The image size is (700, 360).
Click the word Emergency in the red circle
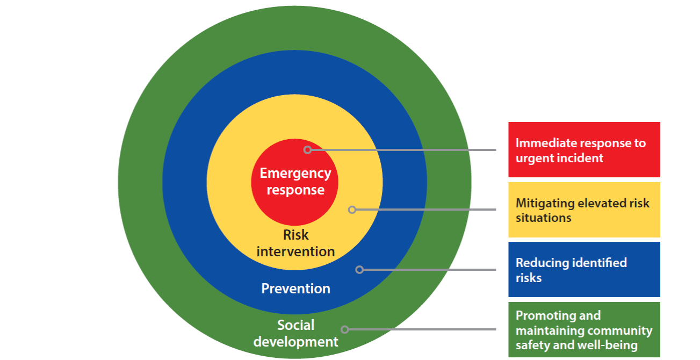[x=295, y=174]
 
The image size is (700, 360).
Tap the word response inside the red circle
[x=295, y=190]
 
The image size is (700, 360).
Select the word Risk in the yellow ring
[x=295, y=235]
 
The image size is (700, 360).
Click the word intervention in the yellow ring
[x=295, y=251]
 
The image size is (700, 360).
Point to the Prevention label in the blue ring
[x=295, y=289]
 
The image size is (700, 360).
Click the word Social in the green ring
[x=295, y=325]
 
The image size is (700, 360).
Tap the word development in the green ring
[x=295, y=341]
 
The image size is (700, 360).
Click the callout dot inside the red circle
[x=307, y=150]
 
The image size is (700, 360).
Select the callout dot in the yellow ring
[x=352, y=210]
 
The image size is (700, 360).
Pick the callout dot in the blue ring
[x=360, y=269]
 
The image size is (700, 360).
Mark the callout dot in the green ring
[x=345, y=329]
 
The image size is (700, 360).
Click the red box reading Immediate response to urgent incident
[x=584, y=149]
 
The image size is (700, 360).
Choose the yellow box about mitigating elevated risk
[x=584, y=210]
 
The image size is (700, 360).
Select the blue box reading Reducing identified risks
[x=584, y=269]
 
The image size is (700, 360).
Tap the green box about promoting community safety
[x=584, y=329]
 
